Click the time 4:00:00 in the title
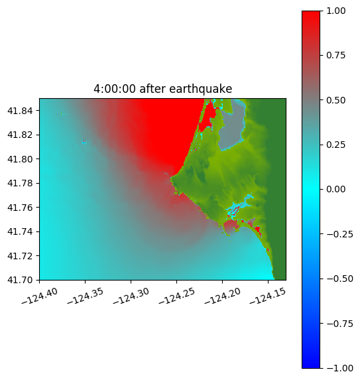click(115, 89)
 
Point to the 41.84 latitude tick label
click(20, 111)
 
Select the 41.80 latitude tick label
click(20, 159)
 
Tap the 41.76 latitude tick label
click(20, 208)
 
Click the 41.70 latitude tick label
click(20, 280)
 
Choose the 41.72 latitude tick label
click(20, 256)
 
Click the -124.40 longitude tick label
click(40, 296)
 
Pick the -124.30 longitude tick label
click(131, 296)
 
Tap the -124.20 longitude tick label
click(222, 296)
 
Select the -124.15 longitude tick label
click(268, 296)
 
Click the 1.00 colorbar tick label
click(335, 11)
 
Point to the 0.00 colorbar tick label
click(335, 189)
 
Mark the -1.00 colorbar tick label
click(339, 368)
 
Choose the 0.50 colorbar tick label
click(335, 100)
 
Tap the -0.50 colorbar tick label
click(339, 279)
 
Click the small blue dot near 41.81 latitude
click(84, 143)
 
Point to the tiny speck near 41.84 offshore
click(62, 113)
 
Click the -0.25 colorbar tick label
click(339, 234)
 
